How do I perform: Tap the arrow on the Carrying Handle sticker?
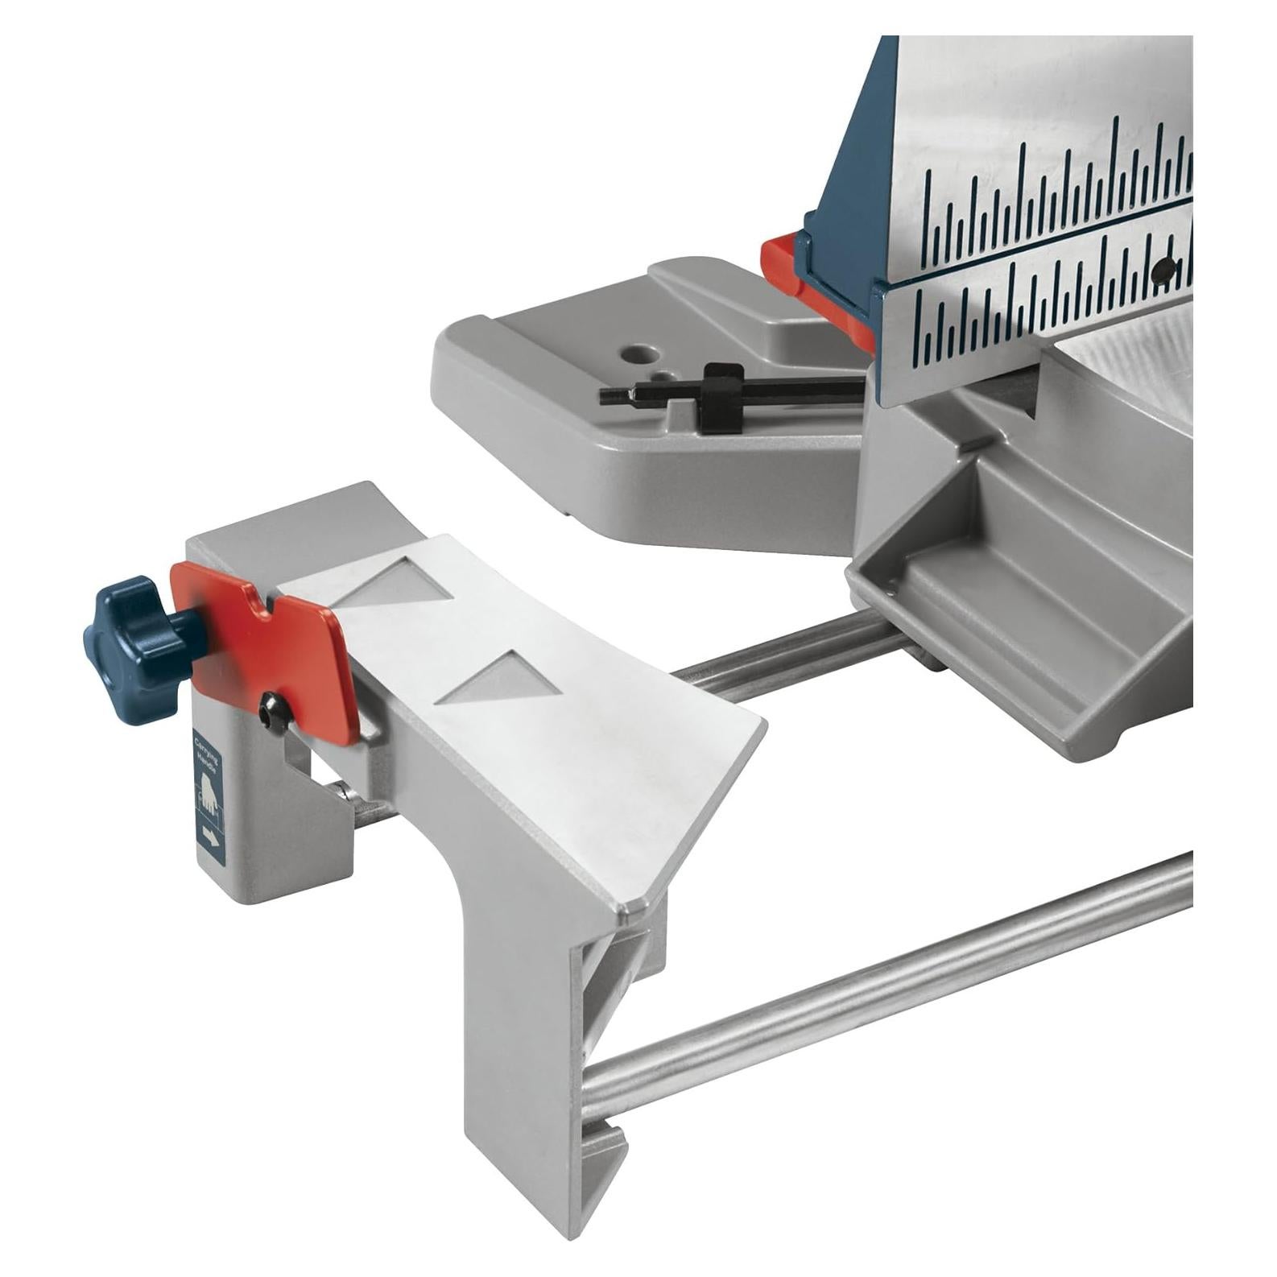click(209, 840)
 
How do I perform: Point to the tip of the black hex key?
click(605, 395)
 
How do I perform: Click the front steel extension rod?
click(886, 998)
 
